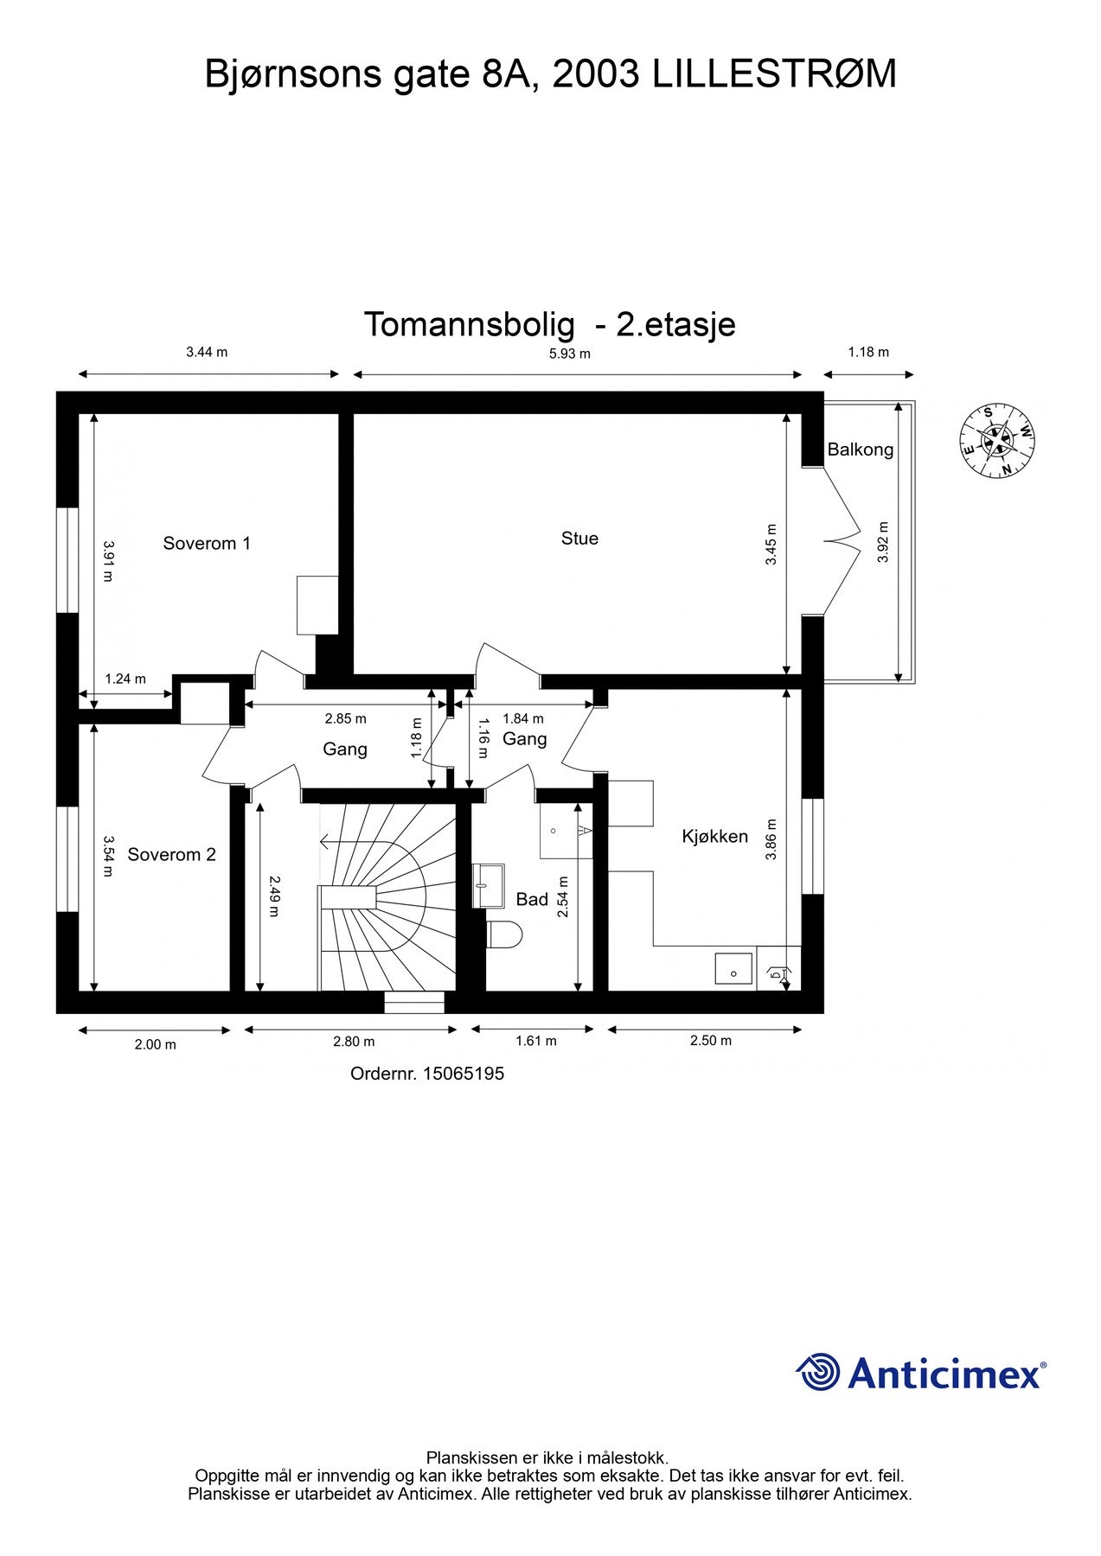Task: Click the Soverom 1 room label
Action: click(x=207, y=543)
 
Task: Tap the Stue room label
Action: click(x=579, y=538)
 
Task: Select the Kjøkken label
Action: click(x=714, y=836)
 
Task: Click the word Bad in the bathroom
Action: click(x=532, y=899)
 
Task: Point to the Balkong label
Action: click(x=860, y=450)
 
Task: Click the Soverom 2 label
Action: click(x=171, y=854)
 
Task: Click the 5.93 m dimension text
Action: click(x=570, y=353)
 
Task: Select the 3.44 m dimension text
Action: click(x=207, y=352)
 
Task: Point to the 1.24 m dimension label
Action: click(x=125, y=679)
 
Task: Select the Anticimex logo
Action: click(x=921, y=1373)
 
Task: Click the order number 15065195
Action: click(x=464, y=1074)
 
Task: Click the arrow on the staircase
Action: click(x=326, y=840)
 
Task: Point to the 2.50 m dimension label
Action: click(x=710, y=1041)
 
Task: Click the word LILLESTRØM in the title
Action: click(x=774, y=74)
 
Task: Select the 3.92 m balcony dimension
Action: click(x=882, y=541)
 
